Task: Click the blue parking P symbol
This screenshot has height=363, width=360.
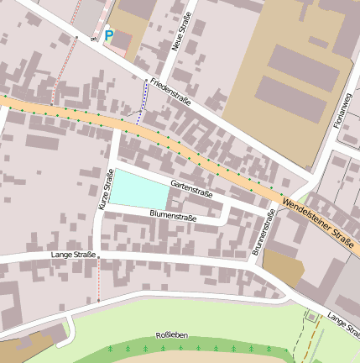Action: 108,36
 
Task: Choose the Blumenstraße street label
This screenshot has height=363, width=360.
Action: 173,216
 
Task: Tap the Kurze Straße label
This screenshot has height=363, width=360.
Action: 106,188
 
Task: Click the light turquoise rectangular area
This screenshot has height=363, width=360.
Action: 139,188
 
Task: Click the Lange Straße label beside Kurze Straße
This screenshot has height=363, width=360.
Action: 73,254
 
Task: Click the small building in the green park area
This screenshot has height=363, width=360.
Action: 312,316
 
